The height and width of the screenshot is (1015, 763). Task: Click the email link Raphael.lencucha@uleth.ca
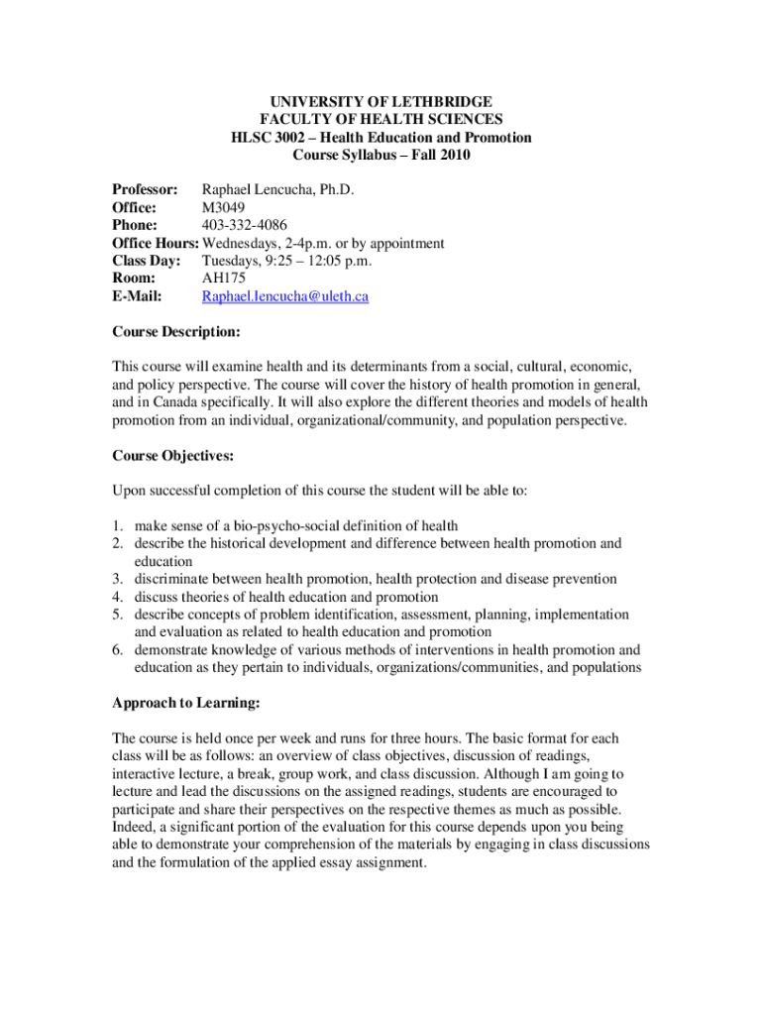pyautogui.click(x=285, y=296)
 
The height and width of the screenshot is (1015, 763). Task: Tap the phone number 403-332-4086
pyautogui.click(x=245, y=225)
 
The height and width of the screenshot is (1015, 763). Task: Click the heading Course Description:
pyautogui.click(x=176, y=332)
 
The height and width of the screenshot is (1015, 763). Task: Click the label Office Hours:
pyautogui.click(x=156, y=243)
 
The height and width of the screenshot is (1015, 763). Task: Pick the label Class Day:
pyautogui.click(x=149, y=261)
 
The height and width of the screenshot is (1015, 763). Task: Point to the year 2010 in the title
pyautogui.click(x=453, y=155)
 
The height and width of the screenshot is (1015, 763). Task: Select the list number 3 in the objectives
pyautogui.click(x=117, y=579)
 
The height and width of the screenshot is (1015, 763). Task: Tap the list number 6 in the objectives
pyautogui.click(x=117, y=650)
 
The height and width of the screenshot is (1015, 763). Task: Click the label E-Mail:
pyautogui.click(x=138, y=296)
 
